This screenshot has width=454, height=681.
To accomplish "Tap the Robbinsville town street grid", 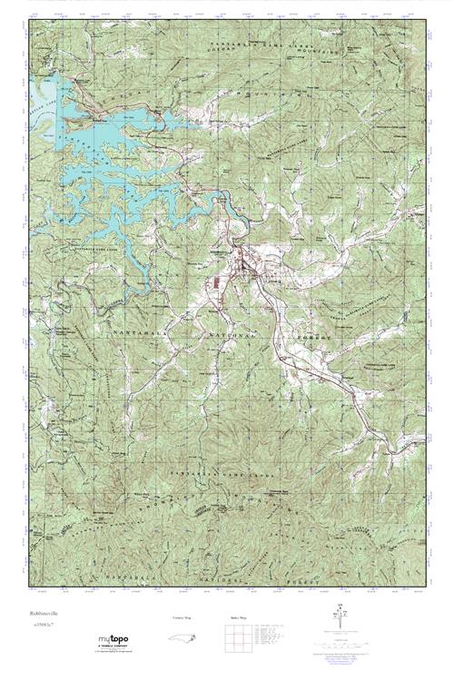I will click(x=243, y=265).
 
